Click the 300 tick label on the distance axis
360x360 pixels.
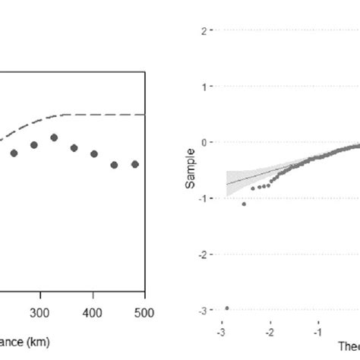coord(39,313)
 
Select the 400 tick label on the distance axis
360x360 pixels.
coord(92,313)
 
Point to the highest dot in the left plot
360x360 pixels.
coord(54,137)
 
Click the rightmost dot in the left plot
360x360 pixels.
coord(135,164)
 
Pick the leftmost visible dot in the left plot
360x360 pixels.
coord(14,153)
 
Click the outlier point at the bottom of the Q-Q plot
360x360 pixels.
coord(227,308)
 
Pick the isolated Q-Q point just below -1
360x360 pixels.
coord(244,204)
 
